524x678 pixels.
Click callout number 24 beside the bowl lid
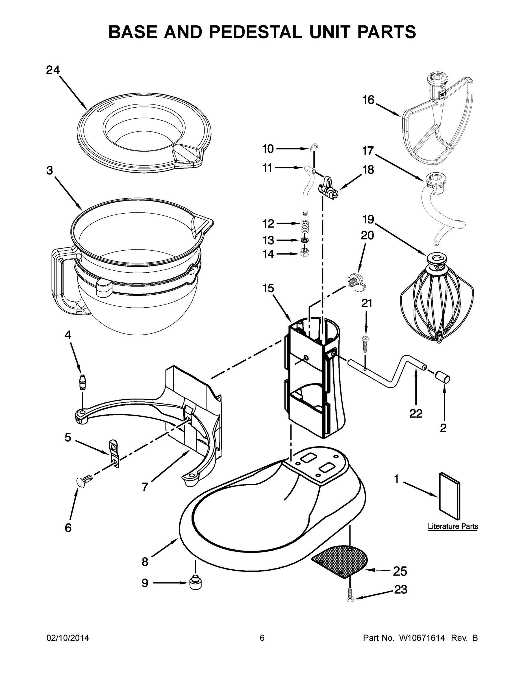(53, 70)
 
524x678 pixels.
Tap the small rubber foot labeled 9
(195, 583)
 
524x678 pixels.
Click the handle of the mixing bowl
(59, 279)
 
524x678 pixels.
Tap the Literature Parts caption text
(453, 526)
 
